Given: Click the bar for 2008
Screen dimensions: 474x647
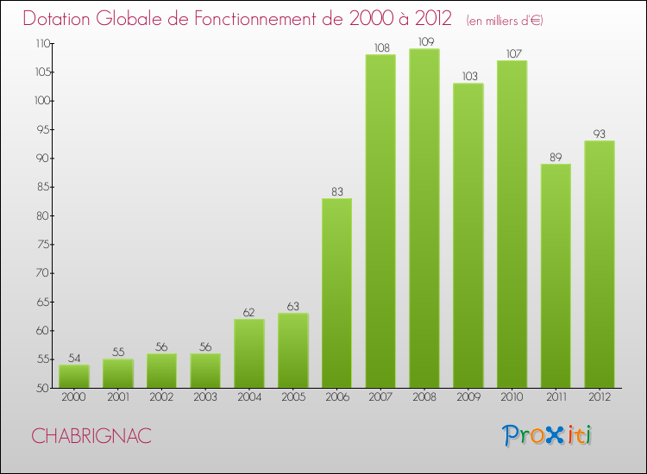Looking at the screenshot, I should (424, 218).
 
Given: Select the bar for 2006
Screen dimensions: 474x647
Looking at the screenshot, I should (336, 293).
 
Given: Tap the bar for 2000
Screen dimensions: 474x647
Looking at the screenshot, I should (74, 376).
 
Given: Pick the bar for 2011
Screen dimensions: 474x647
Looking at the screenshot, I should (556, 276).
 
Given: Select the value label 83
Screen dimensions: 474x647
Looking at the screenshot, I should (336, 191).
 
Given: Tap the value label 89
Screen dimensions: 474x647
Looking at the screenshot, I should (556, 157).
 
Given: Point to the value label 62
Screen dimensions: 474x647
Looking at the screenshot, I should (248, 312).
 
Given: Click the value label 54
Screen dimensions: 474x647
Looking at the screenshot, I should (74, 358).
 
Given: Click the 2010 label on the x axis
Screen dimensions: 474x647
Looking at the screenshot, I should (512, 397).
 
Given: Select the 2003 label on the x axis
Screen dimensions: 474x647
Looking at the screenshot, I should (205, 397).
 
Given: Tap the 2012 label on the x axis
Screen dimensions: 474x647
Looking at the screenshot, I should (600, 397).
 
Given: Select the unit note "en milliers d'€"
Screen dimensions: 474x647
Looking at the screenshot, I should (505, 21).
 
